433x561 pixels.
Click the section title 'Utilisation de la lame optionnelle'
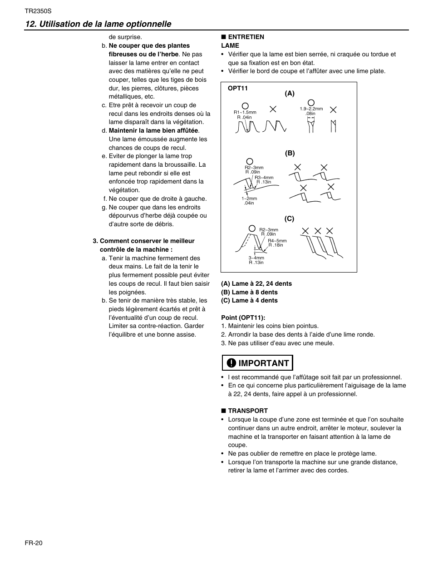coord(98,24)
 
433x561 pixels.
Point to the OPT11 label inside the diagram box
coord(238,89)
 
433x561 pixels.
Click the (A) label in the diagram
coord(290,94)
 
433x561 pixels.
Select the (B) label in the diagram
coord(290,154)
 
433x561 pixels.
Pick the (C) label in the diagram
coord(289,219)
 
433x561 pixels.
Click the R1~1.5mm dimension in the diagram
coord(245,112)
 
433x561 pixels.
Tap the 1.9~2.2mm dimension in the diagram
coord(311,109)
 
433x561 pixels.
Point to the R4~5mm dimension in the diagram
coord(277,241)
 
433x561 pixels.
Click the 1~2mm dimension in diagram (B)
coord(249,199)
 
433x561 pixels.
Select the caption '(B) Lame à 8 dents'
coord(249,292)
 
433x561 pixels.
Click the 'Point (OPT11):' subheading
coord(243,318)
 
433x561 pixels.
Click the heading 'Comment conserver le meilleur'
coord(147,241)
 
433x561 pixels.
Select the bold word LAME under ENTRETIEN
coord(230,46)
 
